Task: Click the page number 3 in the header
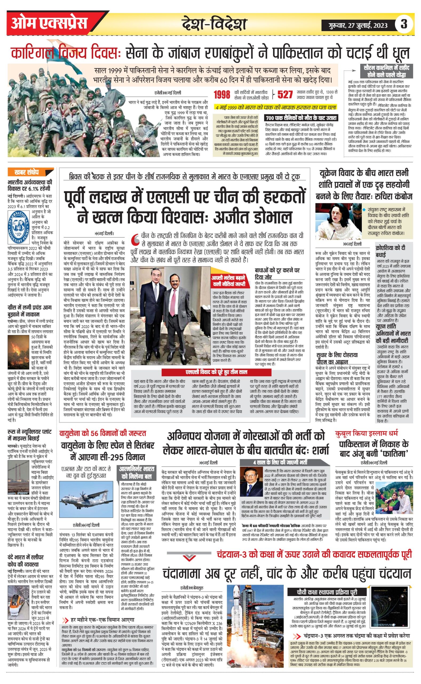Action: [403, 24]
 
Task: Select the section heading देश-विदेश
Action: [214, 24]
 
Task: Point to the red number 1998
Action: [222, 95]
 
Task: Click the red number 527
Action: [285, 95]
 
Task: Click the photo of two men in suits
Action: [170, 315]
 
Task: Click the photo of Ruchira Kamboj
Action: [338, 221]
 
